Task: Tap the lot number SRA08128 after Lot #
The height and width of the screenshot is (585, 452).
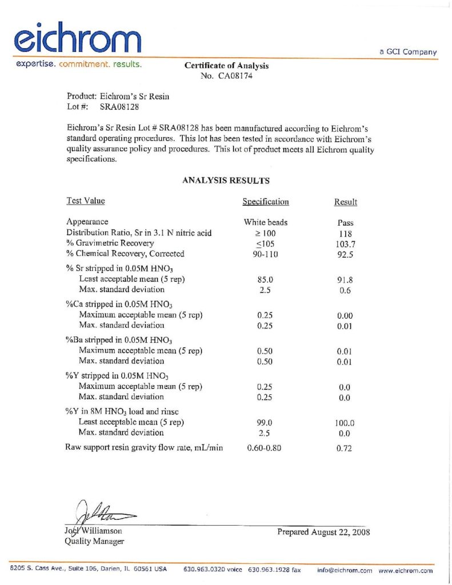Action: [x=120, y=107]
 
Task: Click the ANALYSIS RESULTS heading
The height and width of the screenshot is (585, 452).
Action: [x=226, y=181]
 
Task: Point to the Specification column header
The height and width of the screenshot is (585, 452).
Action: [x=266, y=202]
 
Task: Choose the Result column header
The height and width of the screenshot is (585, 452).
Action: [x=346, y=202]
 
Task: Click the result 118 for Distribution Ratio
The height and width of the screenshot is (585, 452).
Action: [x=346, y=233]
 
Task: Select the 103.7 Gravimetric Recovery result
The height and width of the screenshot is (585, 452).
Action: [x=346, y=243]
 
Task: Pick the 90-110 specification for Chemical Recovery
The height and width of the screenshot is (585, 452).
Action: [x=266, y=254]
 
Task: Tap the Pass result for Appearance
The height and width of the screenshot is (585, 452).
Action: [x=346, y=223]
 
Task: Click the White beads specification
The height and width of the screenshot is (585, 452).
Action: [x=266, y=222]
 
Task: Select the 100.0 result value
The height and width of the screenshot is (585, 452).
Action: [x=345, y=423]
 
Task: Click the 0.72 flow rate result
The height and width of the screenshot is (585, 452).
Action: [x=344, y=448]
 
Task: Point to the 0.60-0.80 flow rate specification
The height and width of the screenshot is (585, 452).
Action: [x=264, y=448]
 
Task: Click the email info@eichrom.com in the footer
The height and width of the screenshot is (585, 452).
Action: [x=345, y=570]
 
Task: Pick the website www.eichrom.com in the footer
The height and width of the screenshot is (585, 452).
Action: [x=406, y=570]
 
